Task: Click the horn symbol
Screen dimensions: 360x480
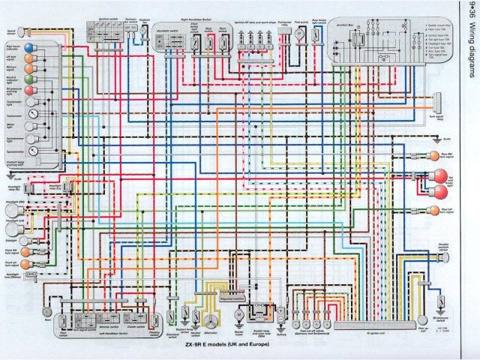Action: tap(47, 310)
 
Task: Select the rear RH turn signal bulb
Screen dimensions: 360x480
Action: tap(434, 155)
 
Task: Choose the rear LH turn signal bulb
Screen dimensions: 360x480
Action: tap(434, 211)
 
